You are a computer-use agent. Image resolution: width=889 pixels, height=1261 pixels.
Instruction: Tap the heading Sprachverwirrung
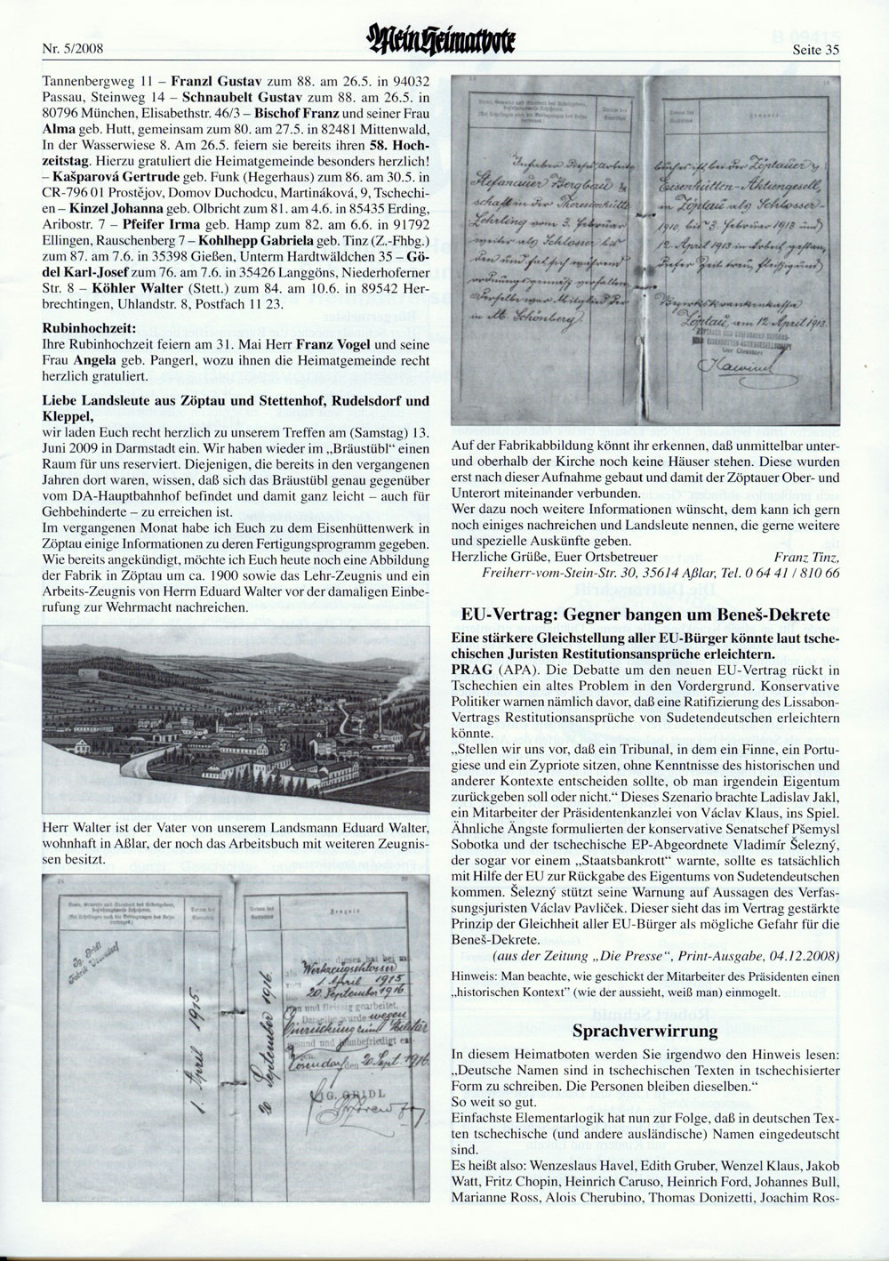coord(645,1032)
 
